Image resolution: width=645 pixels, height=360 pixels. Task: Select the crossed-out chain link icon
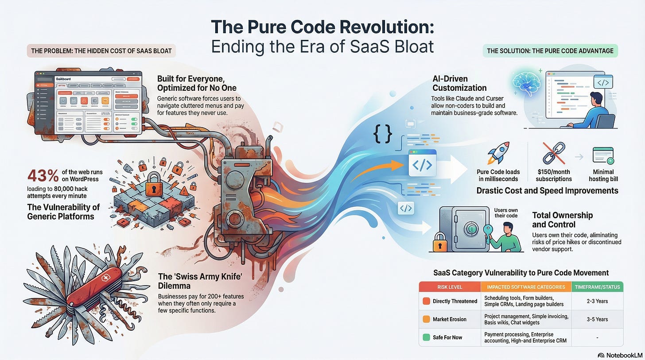coord(553,154)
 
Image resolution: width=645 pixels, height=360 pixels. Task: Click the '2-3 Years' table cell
coord(598,301)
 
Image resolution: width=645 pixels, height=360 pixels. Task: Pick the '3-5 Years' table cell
coord(598,319)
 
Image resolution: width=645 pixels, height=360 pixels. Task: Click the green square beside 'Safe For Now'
coord(426,337)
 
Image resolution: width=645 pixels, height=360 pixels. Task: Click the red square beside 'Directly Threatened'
coord(426,301)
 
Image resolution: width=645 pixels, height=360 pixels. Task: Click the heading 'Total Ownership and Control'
coord(562,220)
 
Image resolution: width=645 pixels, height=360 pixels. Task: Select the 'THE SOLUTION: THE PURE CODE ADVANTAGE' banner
coord(550,51)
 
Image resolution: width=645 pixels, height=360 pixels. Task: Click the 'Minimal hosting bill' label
coord(602,175)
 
